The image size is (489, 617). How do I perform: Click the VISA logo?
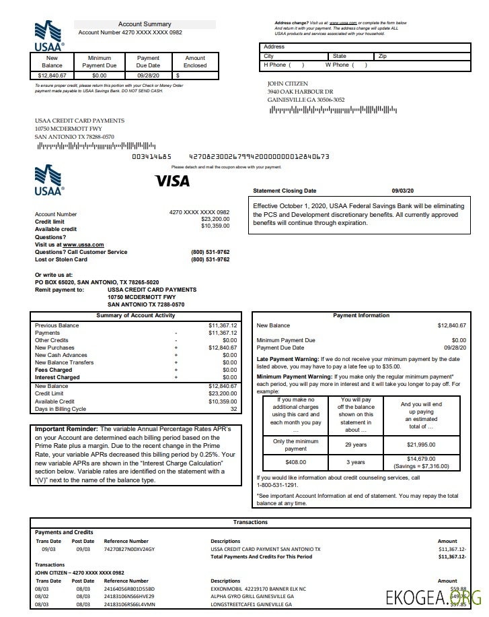point(172,181)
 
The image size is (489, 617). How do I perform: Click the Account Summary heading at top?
point(145,24)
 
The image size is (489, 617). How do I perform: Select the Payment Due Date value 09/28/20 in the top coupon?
point(148,75)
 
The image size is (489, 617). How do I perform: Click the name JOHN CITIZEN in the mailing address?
point(287,84)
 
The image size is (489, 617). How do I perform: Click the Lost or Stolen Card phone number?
point(210,259)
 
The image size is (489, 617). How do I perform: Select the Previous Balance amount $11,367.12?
point(223,325)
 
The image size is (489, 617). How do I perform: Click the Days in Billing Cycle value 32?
point(233,409)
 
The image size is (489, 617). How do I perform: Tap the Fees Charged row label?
point(53,370)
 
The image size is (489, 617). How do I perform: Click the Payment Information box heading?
point(361,315)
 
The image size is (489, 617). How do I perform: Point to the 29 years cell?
point(355,445)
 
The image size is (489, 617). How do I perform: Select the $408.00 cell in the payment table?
point(296,462)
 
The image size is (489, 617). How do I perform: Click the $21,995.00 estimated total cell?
point(421,445)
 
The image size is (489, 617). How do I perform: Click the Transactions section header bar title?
point(250,522)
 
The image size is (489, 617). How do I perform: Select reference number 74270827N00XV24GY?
point(129,549)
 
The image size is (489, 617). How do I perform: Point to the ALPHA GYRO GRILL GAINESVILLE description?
point(252,596)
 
